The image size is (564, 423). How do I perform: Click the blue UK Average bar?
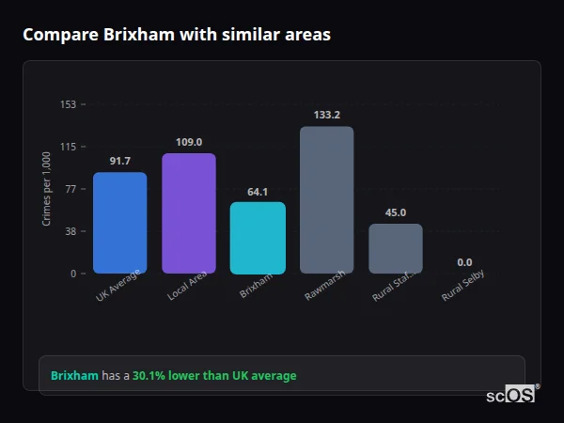[119, 223]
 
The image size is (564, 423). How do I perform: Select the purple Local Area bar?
[188, 213]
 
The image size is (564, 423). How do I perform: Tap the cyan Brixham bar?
[258, 238]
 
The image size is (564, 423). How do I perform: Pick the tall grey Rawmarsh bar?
[326, 200]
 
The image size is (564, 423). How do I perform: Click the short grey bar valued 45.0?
[395, 248]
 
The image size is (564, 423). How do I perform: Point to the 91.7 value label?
[119, 161]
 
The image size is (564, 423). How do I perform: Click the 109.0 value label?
[188, 142]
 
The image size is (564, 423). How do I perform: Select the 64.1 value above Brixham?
[258, 192]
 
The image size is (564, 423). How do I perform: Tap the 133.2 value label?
[326, 115]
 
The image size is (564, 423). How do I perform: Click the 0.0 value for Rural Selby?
[464, 262]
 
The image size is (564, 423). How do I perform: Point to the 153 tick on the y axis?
[68, 104]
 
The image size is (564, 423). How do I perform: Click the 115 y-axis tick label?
[68, 147]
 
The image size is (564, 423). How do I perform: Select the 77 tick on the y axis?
[70, 189]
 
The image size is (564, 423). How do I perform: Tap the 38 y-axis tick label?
[70, 231]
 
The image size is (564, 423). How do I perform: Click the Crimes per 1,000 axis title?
[47, 189]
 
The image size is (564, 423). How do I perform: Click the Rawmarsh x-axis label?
[324, 286]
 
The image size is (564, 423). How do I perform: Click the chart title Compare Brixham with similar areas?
[176, 35]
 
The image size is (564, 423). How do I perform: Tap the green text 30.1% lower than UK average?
[213, 376]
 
